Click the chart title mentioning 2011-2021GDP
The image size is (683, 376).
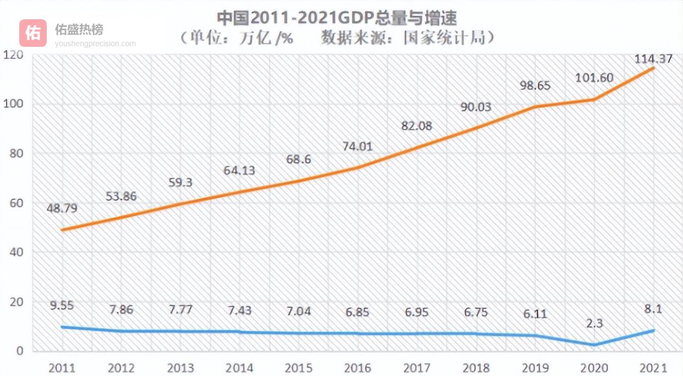(337, 18)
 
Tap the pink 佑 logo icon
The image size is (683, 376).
(33, 33)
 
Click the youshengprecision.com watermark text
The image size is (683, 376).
(95, 43)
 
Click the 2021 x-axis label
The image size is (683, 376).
(653, 368)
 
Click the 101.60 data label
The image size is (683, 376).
(594, 78)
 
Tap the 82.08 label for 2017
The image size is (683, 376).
(416, 126)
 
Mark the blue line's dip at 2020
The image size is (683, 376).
(594, 345)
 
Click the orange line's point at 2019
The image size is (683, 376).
(536, 107)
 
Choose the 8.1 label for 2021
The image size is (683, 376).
(652, 309)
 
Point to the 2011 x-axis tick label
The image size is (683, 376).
(62, 368)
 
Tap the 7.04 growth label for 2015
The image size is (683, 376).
(298, 311)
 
